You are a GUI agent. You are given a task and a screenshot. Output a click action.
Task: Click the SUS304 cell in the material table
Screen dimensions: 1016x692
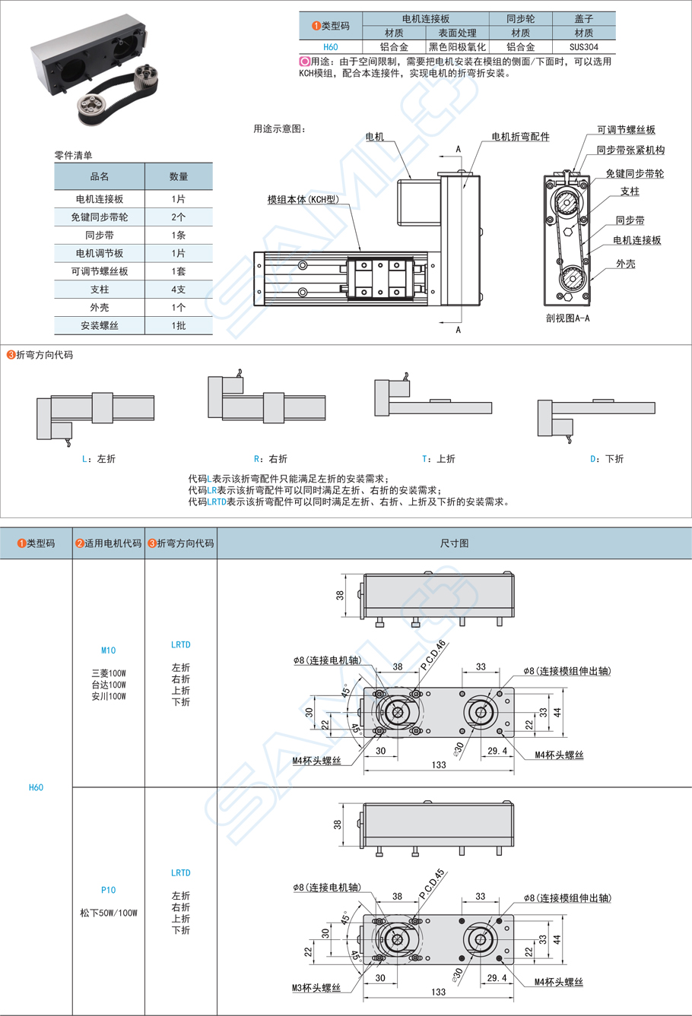(583, 47)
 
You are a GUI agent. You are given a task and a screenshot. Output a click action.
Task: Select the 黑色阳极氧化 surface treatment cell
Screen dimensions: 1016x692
(457, 47)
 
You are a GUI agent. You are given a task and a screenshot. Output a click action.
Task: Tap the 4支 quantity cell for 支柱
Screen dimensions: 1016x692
(178, 290)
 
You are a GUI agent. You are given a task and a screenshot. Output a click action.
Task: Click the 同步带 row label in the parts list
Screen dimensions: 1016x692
(99, 235)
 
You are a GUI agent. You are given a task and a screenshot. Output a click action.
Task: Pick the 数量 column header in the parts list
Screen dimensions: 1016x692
(178, 176)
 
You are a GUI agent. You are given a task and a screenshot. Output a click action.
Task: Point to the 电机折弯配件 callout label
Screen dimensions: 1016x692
(520, 137)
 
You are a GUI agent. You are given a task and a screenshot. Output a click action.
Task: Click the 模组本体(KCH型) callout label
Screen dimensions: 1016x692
(302, 200)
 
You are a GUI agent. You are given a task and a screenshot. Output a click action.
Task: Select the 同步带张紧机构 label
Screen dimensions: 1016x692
(630, 150)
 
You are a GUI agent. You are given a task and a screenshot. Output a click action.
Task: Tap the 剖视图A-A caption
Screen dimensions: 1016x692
(567, 318)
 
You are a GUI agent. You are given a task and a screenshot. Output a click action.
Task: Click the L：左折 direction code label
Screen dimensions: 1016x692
(98, 459)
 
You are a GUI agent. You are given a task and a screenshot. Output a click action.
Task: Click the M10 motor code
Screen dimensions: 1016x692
(108, 650)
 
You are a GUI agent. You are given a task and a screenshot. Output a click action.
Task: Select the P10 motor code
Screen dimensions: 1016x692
(108, 890)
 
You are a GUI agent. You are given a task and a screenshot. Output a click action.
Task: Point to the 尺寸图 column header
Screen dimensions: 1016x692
(454, 543)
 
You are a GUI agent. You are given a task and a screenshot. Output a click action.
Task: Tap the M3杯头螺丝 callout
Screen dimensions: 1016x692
(316, 988)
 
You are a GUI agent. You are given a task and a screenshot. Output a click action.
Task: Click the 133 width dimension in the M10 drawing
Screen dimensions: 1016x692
(439, 764)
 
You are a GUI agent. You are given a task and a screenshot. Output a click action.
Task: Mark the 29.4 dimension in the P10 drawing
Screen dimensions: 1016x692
(497, 978)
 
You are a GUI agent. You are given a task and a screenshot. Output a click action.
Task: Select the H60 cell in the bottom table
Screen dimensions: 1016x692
(36, 787)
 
